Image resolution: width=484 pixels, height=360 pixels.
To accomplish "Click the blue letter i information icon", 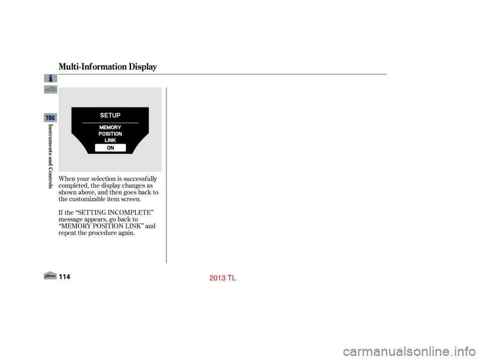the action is [x=50, y=78].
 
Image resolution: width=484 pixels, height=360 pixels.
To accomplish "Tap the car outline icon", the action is [x=50, y=90].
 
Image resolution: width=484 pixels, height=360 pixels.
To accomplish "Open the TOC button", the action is [x=50, y=117].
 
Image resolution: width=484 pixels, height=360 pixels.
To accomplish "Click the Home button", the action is [x=50, y=275].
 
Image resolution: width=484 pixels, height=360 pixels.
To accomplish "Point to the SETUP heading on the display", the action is [x=110, y=115].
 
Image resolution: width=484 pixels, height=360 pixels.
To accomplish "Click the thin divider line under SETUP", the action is [x=110, y=123].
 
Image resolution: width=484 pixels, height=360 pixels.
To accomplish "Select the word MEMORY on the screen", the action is [x=110, y=128].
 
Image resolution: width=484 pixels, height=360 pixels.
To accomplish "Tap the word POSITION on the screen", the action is [x=110, y=134].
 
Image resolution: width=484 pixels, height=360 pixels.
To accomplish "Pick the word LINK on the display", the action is [x=110, y=140].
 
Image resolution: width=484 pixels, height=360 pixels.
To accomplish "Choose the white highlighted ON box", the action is [x=110, y=148].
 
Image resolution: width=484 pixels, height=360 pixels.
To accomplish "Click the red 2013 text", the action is [x=217, y=278].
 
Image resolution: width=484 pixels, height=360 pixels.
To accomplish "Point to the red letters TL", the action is [x=232, y=278].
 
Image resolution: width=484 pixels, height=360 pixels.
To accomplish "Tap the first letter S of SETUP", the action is [x=102, y=115].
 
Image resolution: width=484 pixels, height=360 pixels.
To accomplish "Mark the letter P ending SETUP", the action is [x=118, y=115].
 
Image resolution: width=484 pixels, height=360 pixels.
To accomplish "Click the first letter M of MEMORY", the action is [x=101, y=128].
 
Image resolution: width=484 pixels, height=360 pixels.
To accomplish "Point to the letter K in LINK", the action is [x=114, y=140].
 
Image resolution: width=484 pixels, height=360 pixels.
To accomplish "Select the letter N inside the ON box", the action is [x=112, y=148].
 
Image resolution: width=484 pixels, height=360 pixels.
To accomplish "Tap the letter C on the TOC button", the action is [x=53, y=117].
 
